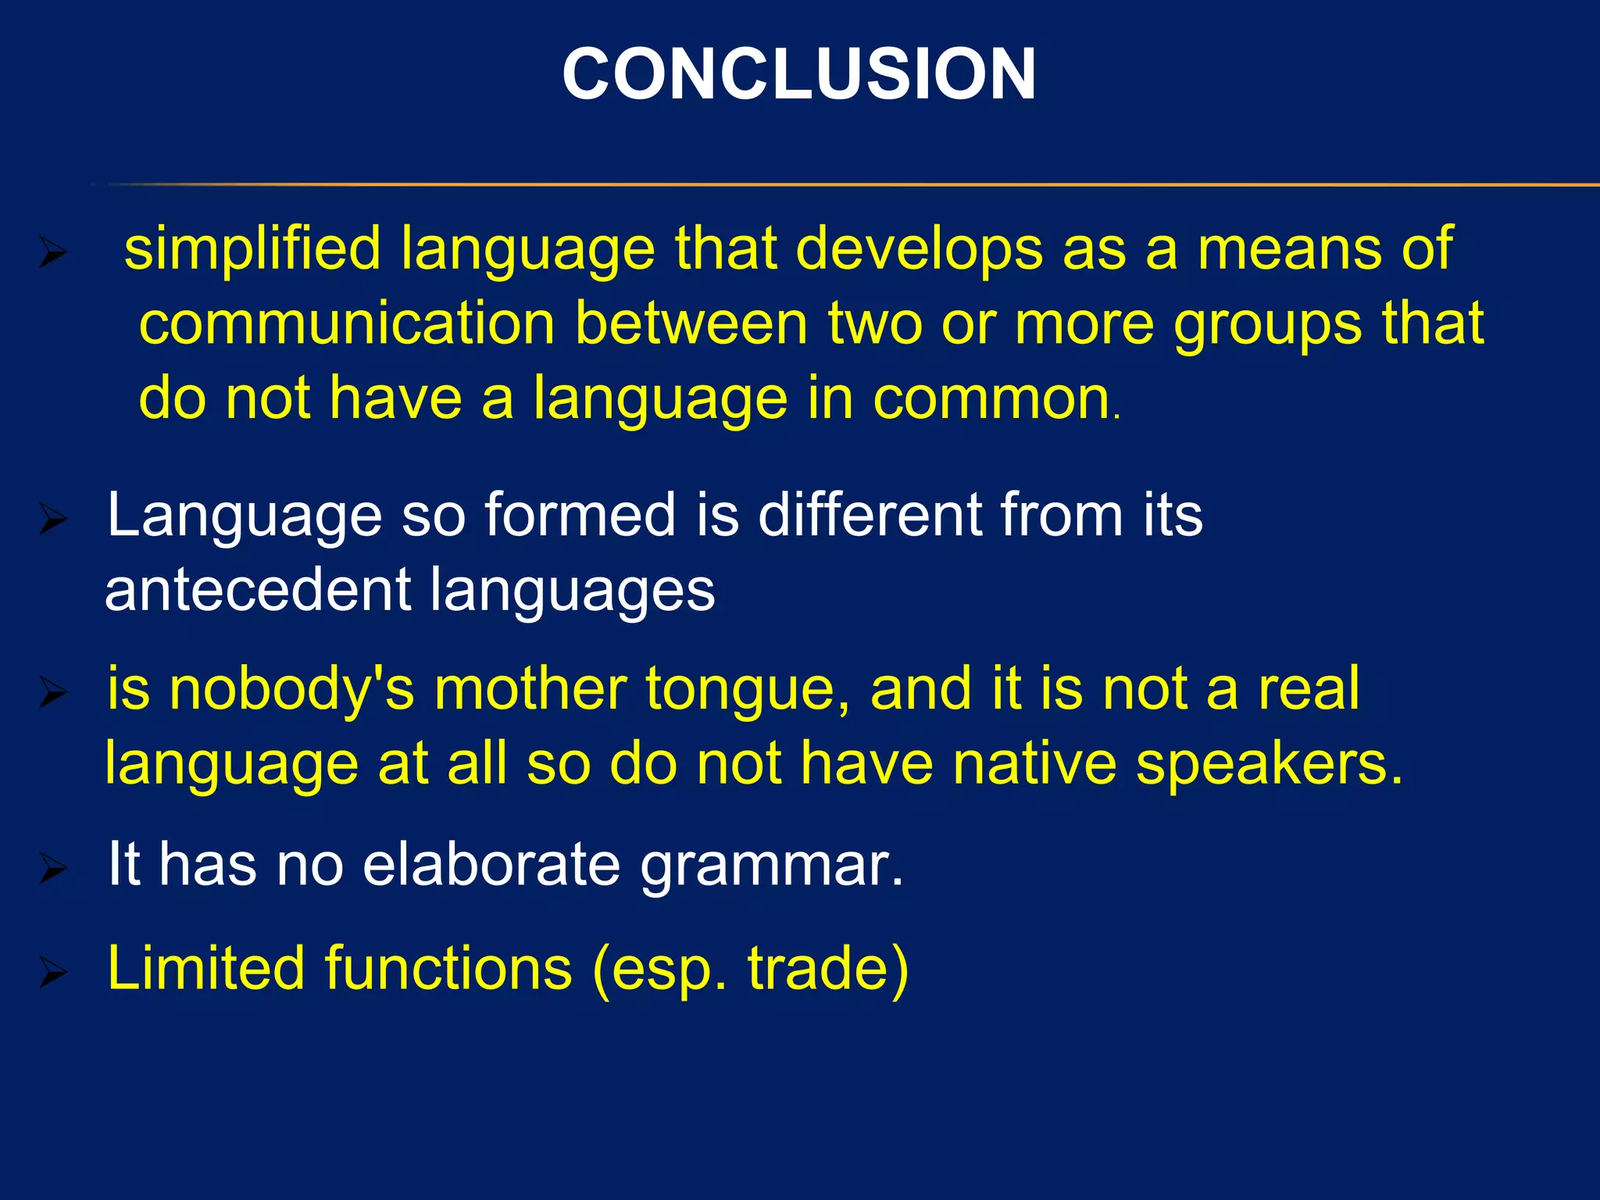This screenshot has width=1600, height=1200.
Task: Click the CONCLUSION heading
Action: click(798, 74)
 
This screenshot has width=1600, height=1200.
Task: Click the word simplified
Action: click(252, 248)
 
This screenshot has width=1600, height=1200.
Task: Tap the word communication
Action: click(347, 323)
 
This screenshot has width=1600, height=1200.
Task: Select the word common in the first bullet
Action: click(991, 398)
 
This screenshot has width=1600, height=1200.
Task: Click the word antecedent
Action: click(257, 590)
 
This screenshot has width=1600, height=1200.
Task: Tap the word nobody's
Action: click(291, 690)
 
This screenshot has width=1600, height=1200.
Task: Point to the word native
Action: click(1034, 763)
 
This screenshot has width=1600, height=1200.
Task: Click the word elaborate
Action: click(491, 865)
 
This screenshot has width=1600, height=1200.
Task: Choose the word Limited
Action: click(205, 969)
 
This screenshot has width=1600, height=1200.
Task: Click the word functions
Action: click(448, 969)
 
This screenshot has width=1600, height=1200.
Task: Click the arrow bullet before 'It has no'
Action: click(53, 869)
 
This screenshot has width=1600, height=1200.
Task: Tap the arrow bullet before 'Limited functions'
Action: click(53, 973)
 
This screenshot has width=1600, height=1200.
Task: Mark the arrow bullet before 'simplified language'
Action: click(53, 254)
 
